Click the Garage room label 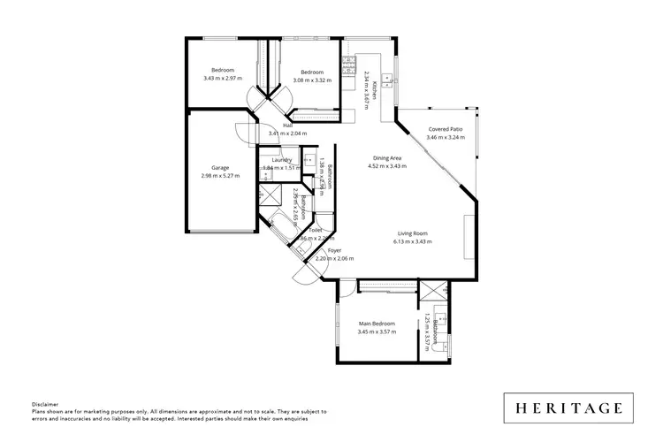point(220,167)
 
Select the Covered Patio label point(444,129)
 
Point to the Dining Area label point(387,158)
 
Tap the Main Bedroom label point(377,324)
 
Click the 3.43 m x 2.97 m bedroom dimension point(222,79)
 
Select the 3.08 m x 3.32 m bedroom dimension point(312,80)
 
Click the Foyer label point(334,251)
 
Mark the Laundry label point(282,159)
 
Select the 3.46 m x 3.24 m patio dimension point(444,137)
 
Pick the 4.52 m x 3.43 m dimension point(387,166)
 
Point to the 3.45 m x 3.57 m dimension point(377,332)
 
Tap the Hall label point(288,126)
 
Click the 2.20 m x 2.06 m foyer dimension point(334,259)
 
